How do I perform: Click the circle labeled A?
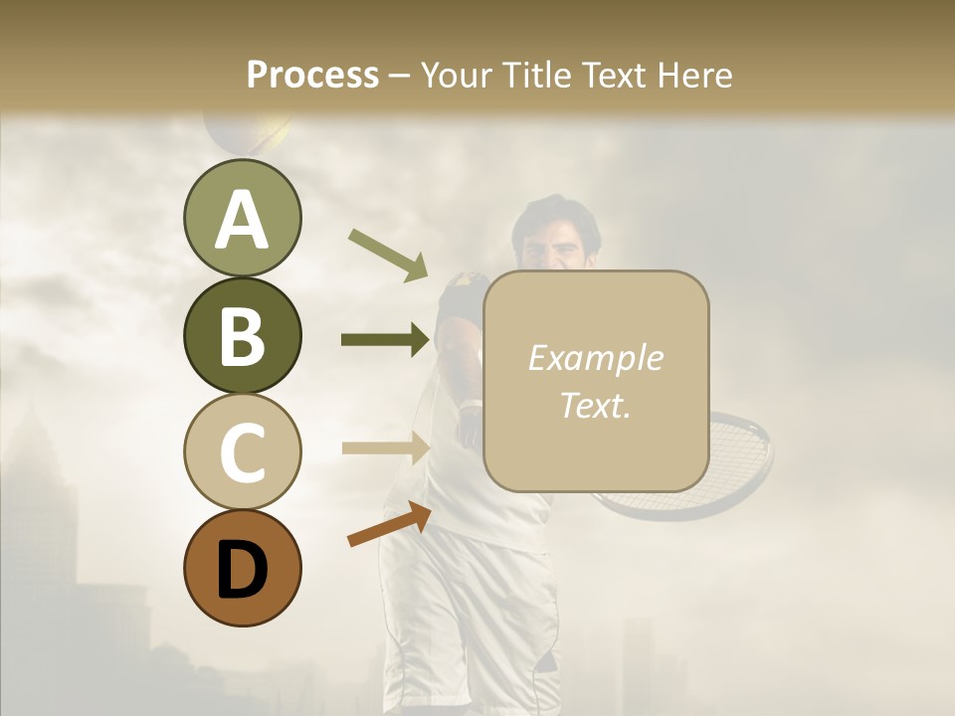click(x=242, y=219)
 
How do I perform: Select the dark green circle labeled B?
click(x=242, y=335)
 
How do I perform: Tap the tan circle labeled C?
click(x=242, y=451)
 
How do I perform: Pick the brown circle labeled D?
click(x=242, y=568)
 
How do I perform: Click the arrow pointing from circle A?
click(x=388, y=255)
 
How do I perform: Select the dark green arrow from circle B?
click(x=386, y=340)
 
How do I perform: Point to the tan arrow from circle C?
click(x=386, y=447)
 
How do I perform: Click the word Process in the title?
click(x=312, y=75)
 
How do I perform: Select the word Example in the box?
click(x=595, y=358)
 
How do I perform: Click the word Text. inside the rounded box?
click(x=595, y=405)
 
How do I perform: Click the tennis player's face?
click(x=557, y=239)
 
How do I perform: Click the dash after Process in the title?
click(x=400, y=76)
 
